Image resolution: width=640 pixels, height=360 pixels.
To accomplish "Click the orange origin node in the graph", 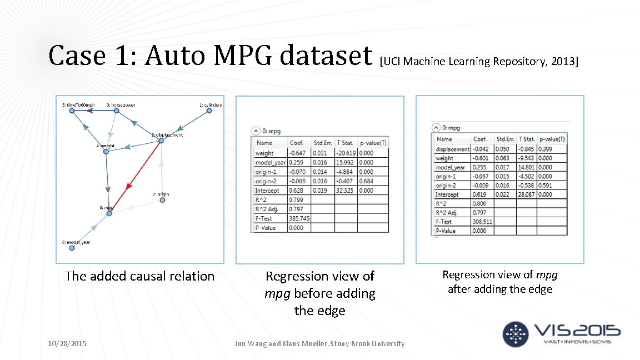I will pos(162,200).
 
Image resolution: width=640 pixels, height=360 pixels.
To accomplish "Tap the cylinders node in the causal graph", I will pos(209,111).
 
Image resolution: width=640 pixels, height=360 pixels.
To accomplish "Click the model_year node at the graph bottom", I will pos(72,248).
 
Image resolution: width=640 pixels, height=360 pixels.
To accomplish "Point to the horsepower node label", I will pos(121,104).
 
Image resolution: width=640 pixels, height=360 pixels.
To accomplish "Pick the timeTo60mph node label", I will pos(78,104).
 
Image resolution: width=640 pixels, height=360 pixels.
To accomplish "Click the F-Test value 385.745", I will pos(299,218).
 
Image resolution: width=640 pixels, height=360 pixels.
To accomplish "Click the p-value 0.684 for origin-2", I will pos(367,181).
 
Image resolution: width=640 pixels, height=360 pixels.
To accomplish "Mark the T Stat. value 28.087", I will pos(527,194).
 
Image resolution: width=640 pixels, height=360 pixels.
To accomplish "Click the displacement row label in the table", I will pos(452,149).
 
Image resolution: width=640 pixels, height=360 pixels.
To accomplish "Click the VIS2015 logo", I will pos(561,333).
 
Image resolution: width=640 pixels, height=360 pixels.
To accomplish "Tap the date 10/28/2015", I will pos(67,344).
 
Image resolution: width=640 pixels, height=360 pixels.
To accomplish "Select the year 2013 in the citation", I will pos(563,61).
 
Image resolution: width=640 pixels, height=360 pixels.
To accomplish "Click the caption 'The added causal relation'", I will pos(139,276).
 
